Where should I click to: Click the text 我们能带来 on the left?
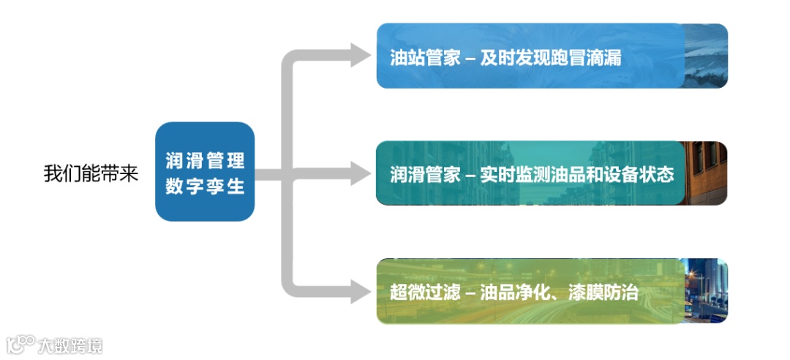click(91, 174)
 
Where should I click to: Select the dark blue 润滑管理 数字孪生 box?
click(205, 172)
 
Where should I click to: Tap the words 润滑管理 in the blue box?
click(205, 160)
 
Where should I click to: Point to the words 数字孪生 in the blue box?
click(205, 186)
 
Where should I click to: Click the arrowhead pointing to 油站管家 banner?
click(361, 56)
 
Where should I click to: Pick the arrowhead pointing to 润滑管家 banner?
click(361, 173)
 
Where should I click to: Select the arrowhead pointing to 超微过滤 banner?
click(361, 291)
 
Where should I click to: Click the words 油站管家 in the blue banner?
click(425, 58)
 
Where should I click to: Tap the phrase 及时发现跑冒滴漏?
click(550, 58)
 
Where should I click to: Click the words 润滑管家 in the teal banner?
click(425, 176)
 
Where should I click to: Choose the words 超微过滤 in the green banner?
click(425, 293)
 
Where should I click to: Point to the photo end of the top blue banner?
click(707, 56)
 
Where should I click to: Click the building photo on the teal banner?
click(707, 173)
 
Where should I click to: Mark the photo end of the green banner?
click(707, 290)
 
